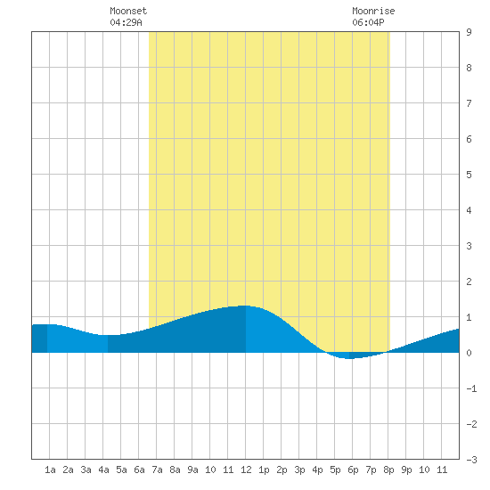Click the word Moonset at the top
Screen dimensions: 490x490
pyautogui.click(x=128, y=11)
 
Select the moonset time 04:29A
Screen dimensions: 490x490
pyautogui.click(x=126, y=22)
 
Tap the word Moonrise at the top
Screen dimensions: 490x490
pyautogui.click(x=373, y=11)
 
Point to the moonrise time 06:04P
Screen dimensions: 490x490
pyautogui.click(x=368, y=22)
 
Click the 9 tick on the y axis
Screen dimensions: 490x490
pyautogui.click(x=469, y=32)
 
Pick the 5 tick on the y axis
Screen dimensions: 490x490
pyautogui.click(x=469, y=175)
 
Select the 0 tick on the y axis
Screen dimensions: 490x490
pyautogui.click(x=469, y=353)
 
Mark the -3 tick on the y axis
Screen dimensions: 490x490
pyautogui.click(x=471, y=460)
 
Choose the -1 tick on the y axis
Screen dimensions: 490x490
pyautogui.click(x=471, y=388)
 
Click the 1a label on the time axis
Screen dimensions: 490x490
pyautogui.click(x=50, y=470)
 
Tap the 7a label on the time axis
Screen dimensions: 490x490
pyautogui.click(x=157, y=470)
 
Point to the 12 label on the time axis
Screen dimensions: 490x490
pyautogui.click(x=246, y=470)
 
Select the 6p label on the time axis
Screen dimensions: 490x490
pyautogui.click(x=353, y=470)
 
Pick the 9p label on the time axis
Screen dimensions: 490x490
pyautogui.click(x=406, y=470)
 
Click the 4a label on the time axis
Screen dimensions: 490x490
pyautogui.click(x=103, y=470)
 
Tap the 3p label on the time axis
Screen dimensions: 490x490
pyautogui.click(x=299, y=470)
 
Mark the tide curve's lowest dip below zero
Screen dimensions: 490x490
pyautogui.click(x=349, y=358)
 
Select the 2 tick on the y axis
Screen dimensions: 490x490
pyautogui.click(x=469, y=282)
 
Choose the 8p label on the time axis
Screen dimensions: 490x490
pyautogui.click(x=388, y=470)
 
